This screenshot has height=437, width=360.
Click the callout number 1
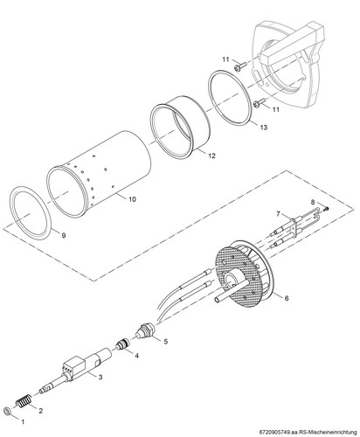[22, 421]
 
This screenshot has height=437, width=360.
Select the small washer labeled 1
[7, 412]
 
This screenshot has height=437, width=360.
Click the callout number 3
[100, 377]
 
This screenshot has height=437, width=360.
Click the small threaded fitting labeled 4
[122, 344]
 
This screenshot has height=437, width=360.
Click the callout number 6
[287, 298]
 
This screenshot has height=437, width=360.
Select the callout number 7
[279, 214]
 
